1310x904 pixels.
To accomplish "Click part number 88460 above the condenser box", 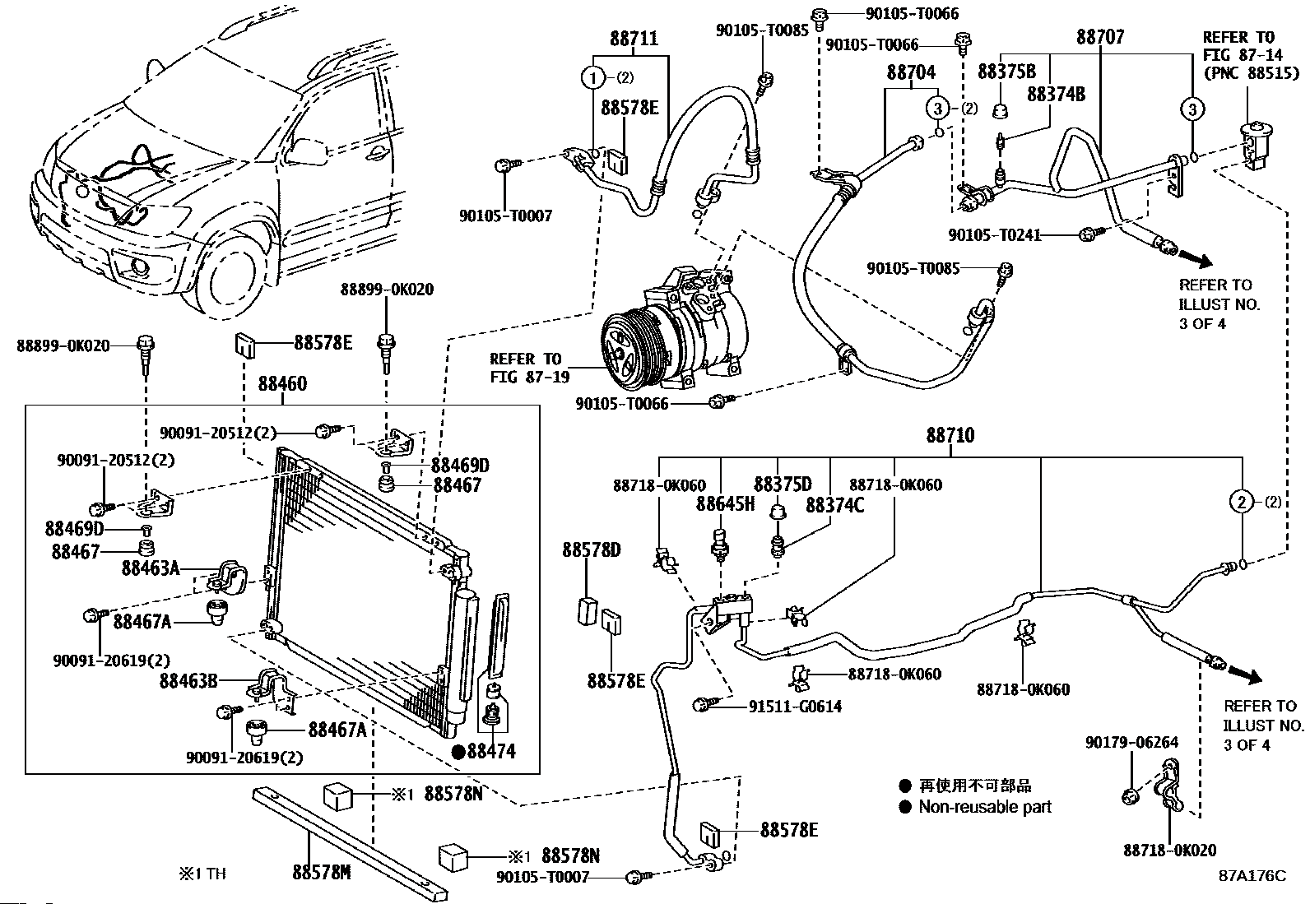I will point(282,384).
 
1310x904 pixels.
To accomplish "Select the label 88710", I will point(950,435).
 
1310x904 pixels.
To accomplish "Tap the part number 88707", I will point(1100,37).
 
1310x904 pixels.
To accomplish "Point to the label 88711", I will point(634,39).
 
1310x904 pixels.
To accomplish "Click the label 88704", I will point(911,72).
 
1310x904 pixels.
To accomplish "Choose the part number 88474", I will point(491,750).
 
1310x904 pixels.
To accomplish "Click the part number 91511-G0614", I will point(795,707).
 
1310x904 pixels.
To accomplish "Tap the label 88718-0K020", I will point(1169,851).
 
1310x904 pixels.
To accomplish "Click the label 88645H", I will point(725,504).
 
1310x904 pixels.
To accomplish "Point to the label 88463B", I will point(188,680).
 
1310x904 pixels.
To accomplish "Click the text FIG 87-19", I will point(525,378).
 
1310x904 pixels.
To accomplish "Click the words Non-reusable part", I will point(985,807).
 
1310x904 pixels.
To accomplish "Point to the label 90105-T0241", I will point(994,235).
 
